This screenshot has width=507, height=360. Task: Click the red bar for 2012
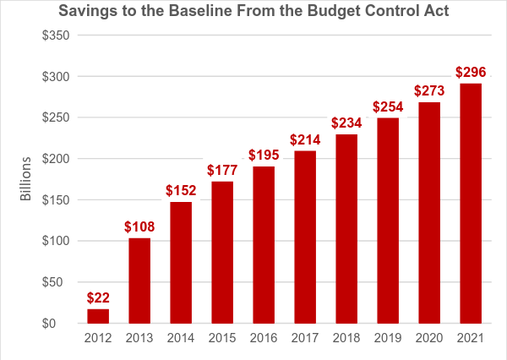click(x=98, y=316)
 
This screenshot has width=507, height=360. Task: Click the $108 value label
click(x=139, y=226)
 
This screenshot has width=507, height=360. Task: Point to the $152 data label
click(x=181, y=189)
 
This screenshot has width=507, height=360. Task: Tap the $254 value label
click(x=388, y=106)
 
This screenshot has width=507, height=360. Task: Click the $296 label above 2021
click(x=471, y=72)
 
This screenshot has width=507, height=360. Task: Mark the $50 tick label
click(x=57, y=282)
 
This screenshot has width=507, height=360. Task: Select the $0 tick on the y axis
click(x=60, y=324)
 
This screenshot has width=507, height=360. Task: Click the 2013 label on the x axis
click(x=139, y=340)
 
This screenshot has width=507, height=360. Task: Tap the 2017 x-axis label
click(x=305, y=340)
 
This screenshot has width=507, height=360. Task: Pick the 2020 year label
click(x=429, y=340)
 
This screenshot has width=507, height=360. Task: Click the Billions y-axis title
click(x=26, y=179)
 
